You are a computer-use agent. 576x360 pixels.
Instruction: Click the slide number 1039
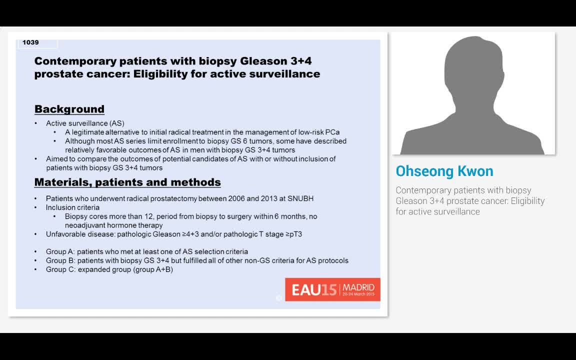(30, 42)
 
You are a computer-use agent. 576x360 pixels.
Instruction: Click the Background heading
(69, 109)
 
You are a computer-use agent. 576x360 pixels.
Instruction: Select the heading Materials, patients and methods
(127, 182)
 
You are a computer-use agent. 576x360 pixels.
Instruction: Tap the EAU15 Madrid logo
(332, 289)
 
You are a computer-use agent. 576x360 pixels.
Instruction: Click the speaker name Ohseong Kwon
(444, 171)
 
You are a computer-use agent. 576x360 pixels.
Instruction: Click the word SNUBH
(300, 198)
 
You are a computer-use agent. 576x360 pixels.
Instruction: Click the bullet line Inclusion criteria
(72, 207)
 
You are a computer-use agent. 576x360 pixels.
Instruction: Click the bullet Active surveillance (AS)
(85, 123)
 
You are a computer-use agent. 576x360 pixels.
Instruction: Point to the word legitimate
(89, 132)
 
